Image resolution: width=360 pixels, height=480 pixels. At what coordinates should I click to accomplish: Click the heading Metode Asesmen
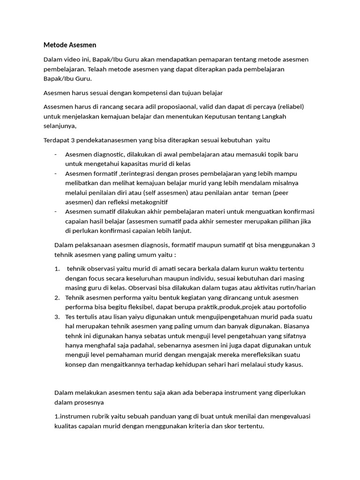[x=69, y=45]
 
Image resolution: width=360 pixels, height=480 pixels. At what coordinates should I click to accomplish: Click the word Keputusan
[x=221, y=117]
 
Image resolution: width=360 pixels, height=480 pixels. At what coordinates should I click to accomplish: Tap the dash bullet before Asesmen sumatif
[x=56, y=211]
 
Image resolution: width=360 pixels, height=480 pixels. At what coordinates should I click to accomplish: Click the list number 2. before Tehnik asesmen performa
[x=57, y=298]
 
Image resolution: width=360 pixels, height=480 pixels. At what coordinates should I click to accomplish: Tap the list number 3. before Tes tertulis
[x=57, y=317]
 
